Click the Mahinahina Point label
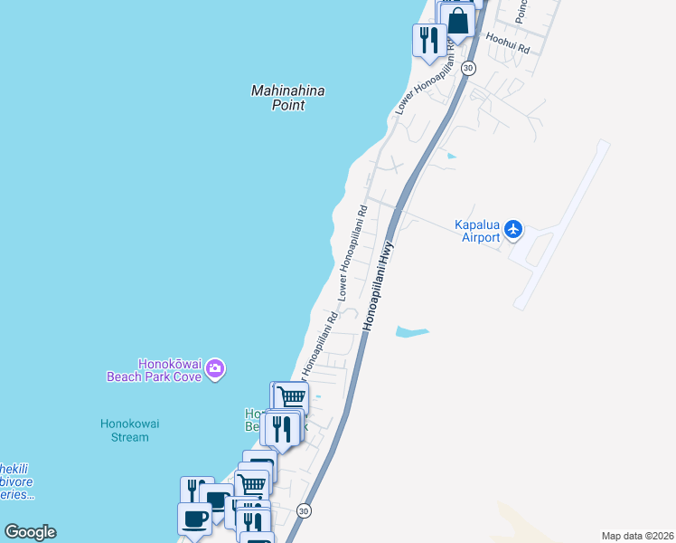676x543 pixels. (287, 98)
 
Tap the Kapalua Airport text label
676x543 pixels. (477, 231)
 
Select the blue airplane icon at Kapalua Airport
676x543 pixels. (513, 228)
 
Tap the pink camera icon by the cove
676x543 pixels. (215, 368)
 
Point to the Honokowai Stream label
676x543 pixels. (124, 430)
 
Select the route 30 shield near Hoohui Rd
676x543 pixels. (467, 69)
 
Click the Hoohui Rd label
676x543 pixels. (508, 40)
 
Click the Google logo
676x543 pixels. (30, 532)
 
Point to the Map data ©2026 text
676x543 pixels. (637, 536)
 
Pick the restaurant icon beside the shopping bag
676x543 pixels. (428, 39)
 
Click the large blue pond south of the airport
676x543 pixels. (412, 332)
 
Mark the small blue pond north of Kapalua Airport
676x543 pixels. (450, 156)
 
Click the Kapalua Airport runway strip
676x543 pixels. (560, 222)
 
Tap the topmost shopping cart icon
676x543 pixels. (291, 396)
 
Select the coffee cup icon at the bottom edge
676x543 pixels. (194, 519)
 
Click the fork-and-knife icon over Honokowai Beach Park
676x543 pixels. (280, 427)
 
